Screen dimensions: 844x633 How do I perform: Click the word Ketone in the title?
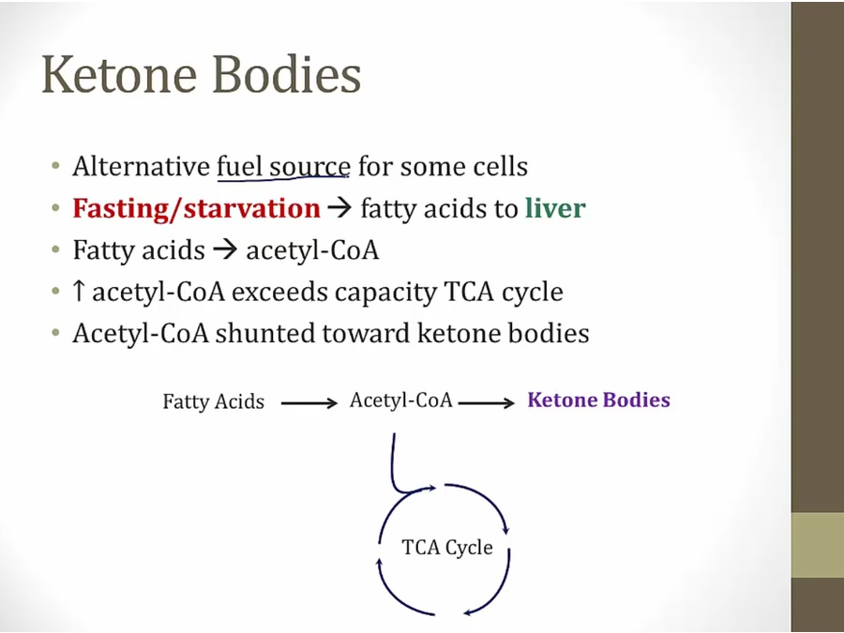coord(119,74)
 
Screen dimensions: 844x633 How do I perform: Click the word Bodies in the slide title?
coord(287,74)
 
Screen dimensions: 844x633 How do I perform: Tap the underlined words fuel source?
coord(283,166)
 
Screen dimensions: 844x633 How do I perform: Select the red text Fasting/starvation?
coord(197,208)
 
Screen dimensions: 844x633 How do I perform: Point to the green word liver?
coord(555,208)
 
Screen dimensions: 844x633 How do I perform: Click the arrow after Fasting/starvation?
coord(339,208)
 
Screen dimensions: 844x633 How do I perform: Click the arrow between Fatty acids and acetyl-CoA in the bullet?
coord(225,250)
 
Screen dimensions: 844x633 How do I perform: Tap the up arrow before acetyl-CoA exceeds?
coord(79,291)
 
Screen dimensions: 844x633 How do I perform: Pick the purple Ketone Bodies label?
coord(598,399)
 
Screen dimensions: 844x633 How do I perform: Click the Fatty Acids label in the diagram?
coord(214,401)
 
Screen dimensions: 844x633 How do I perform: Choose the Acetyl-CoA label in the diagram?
coord(401,400)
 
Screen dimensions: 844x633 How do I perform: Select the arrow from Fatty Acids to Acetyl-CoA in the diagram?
coord(309,402)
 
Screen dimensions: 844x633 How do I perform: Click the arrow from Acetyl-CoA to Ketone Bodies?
coord(487,402)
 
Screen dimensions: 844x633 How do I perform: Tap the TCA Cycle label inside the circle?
coord(447,548)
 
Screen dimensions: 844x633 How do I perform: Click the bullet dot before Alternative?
coord(55,165)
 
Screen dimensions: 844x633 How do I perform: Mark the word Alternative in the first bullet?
coord(142,166)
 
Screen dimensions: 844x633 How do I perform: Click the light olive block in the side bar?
coord(817,545)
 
